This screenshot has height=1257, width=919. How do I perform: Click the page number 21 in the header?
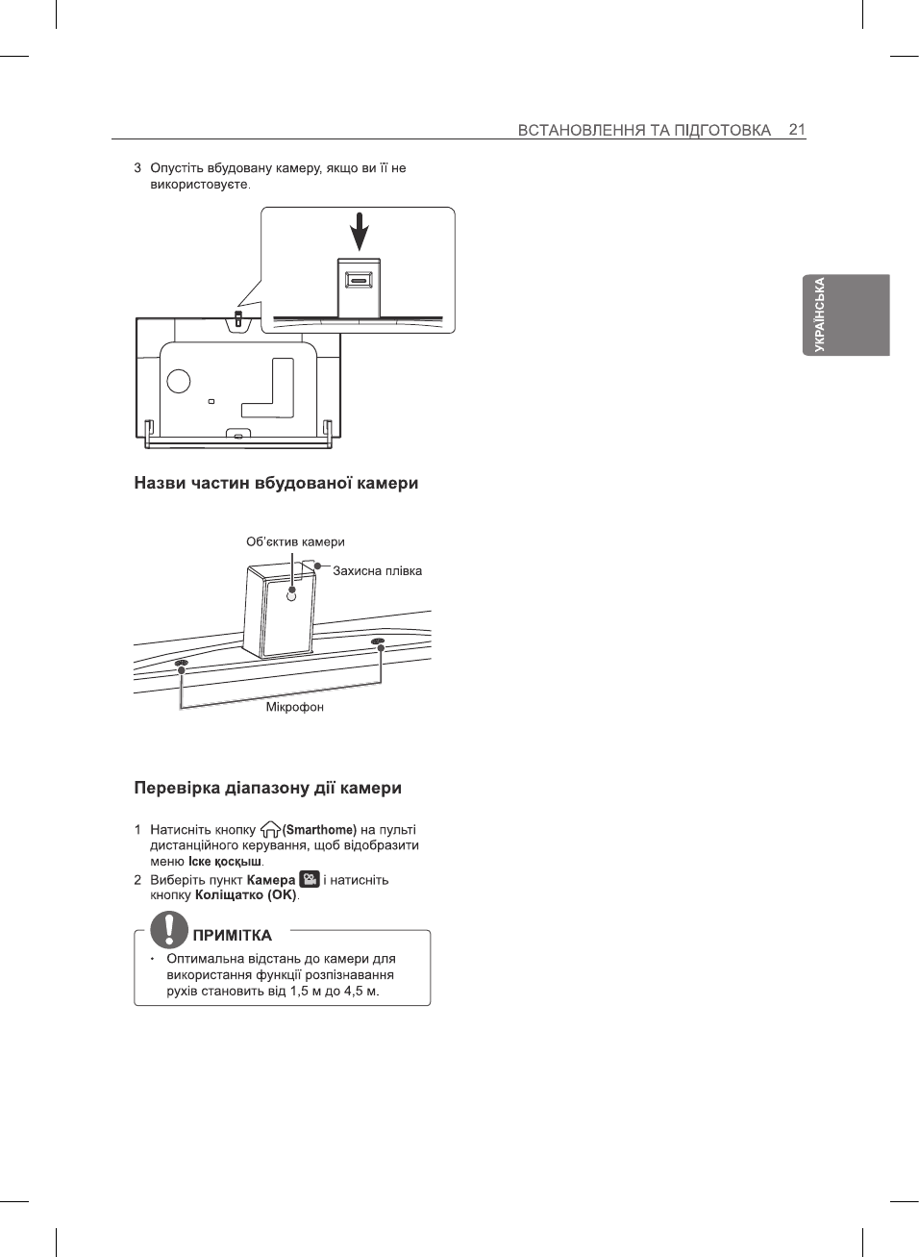click(796, 129)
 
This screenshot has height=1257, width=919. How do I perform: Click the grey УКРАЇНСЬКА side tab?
click(846, 314)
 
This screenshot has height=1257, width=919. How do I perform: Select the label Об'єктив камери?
click(295, 541)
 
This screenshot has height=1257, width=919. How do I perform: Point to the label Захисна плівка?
click(377, 570)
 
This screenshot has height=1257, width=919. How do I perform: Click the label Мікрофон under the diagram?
click(294, 707)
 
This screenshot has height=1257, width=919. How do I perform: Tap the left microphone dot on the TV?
click(181, 664)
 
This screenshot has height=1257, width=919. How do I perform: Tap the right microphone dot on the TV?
click(379, 641)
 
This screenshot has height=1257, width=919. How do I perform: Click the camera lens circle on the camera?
click(292, 595)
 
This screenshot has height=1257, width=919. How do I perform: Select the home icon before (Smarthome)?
click(270, 829)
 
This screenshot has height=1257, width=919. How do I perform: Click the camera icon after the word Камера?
click(310, 879)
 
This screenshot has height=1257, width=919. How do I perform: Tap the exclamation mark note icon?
click(169, 930)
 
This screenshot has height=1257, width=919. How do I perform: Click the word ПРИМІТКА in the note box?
click(232, 935)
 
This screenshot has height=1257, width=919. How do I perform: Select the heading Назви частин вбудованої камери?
click(276, 483)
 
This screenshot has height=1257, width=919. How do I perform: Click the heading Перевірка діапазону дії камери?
click(267, 788)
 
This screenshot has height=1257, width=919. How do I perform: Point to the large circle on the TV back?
click(179, 381)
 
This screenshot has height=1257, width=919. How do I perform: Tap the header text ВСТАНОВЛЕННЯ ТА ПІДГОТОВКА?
click(643, 130)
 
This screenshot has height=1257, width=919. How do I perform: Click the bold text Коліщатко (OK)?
click(245, 894)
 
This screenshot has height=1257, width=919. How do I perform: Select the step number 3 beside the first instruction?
click(137, 168)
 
